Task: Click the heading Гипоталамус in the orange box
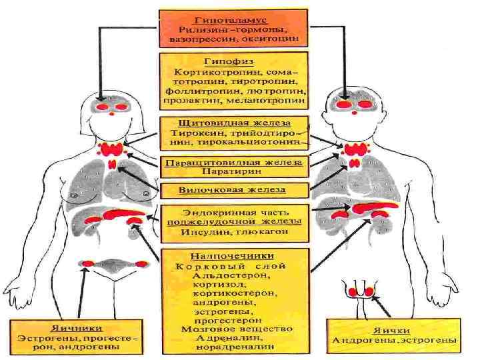pos(233,20)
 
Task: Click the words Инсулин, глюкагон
pos(233,233)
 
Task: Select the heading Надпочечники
pos(233,255)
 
